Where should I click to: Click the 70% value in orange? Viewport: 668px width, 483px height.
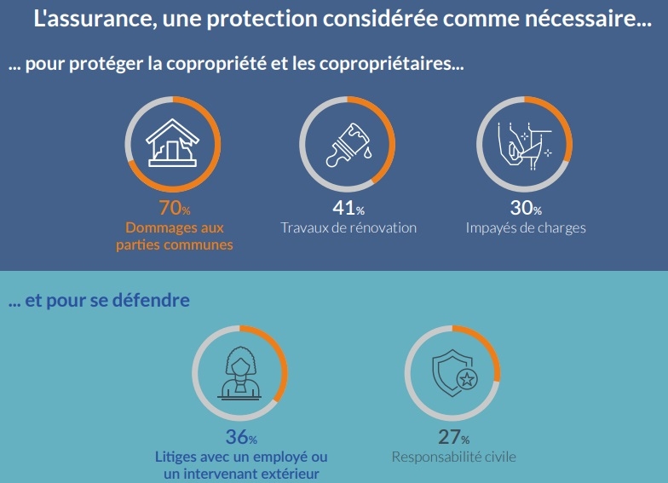pos(174,208)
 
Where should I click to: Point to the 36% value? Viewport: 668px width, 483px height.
pos(240,438)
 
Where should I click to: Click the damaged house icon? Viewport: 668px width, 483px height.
pos(173,141)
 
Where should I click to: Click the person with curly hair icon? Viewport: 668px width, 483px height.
pos(240,372)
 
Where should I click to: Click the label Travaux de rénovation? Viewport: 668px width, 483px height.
pos(348,228)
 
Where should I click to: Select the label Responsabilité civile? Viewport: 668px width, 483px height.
pos(453,457)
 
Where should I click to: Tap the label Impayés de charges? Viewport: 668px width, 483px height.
pos(526,228)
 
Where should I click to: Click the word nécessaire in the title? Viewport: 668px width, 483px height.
pos(589,19)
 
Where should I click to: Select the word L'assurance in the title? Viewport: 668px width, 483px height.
pos(89,19)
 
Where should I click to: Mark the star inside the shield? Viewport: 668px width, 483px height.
pos(466,381)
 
